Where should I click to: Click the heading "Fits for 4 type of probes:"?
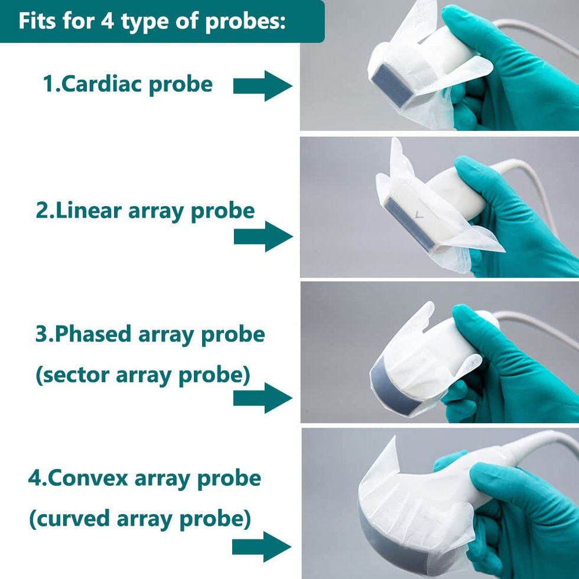pyautogui.click(x=152, y=21)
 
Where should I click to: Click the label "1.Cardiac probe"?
pyautogui.click(x=128, y=84)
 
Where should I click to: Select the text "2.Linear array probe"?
pyautogui.click(x=145, y=211)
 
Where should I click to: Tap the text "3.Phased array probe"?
pyautogui.click(x=150, y=334)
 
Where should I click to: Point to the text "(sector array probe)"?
pyautogui.click(x=143, y=375)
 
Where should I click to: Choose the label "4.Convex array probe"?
pyautogui.click(x=144, y=477)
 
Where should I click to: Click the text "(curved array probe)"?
pyautogui.click(x=140, y=519)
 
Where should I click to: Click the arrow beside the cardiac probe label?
pyautogui.click(x=262, y=86)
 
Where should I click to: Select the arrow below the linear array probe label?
pyautogui.click(x=263, y=237)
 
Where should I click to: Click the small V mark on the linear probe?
pyautogui.click(x=419, y=216)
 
